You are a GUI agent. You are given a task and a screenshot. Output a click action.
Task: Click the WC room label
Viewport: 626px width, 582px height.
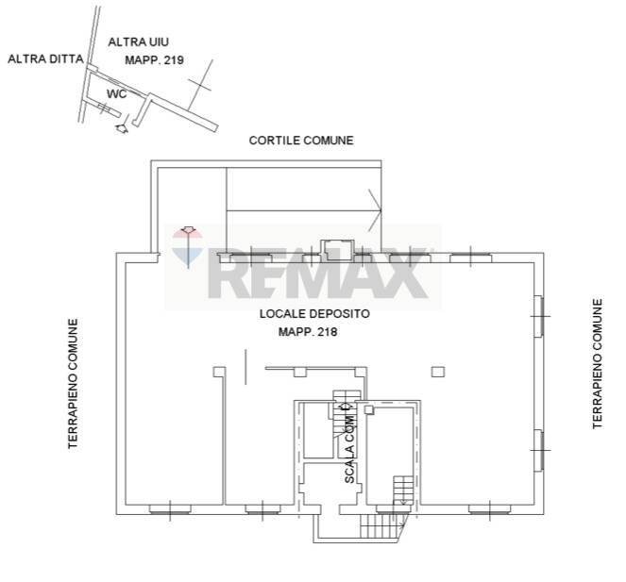[x=116, y=94]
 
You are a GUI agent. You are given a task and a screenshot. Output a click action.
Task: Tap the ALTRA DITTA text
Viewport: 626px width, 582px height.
[x=46, y=59]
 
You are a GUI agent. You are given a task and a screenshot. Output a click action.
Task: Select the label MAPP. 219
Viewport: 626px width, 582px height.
[x=155, y=60]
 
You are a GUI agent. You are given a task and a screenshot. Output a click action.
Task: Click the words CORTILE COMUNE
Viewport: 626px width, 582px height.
[x=301, y=141]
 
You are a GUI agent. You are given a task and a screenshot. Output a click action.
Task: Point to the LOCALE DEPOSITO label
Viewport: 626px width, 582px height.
[x=314, y=314]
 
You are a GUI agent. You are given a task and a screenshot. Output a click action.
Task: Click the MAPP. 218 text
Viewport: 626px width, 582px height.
[x=308, y=332]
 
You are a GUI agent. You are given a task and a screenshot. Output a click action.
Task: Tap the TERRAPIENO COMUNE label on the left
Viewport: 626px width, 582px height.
[x=73, y=384]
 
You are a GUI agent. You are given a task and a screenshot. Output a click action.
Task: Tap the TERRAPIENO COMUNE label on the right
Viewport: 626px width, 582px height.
[x=598, y=364]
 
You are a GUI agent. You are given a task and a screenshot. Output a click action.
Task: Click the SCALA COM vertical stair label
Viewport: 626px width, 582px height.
[x=349, y=449]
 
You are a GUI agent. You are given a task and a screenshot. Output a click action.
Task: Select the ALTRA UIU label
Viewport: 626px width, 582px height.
[x=139, y=42]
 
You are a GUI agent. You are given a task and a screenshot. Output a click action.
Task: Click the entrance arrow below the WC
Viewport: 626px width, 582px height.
[x=121, y=128]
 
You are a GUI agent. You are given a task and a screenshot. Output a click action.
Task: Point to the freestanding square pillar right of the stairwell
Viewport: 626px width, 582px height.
[x=438, y=373]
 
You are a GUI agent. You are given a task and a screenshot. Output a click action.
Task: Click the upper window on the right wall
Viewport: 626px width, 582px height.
[x=539, y=316]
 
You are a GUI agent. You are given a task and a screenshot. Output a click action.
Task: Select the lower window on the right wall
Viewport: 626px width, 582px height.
[x=539, y=450]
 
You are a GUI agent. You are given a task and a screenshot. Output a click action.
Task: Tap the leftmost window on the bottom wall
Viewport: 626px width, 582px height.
[x=170, y=509]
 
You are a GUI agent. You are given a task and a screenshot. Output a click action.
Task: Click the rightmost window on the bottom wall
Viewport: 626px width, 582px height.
[x=489, y=509]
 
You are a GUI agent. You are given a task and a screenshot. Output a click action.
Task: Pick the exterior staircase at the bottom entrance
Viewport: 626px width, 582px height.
[x=383, y=525]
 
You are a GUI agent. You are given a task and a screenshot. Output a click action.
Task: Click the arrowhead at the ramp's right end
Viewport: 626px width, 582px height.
[x=375, y=210]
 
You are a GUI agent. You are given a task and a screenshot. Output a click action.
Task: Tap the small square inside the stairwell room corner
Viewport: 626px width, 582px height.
[x=369, y=409]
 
